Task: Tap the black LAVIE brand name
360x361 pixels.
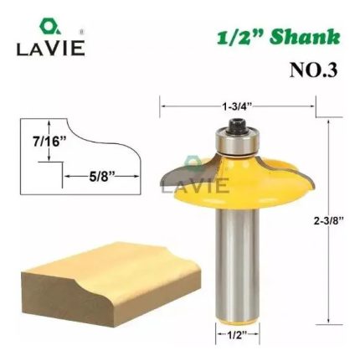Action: [x=50, y=48]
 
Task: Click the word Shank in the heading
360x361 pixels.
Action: [x=306, y=37]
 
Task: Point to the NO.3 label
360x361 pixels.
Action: [x=314, y=70]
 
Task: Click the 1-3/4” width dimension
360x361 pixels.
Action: [x=237, y=106]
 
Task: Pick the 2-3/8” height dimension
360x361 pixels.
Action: [x=329, y=221]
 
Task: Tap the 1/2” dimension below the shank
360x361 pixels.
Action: [x=237, y=334]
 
